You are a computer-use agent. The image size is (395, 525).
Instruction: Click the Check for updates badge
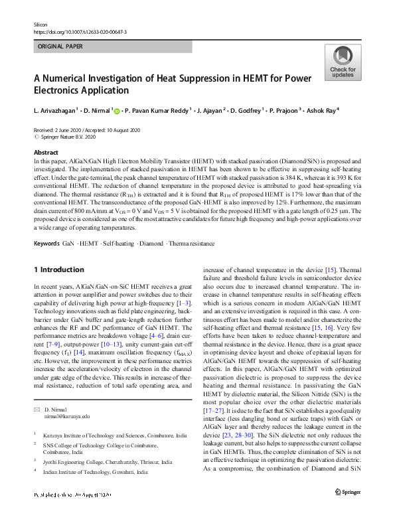click(x=342, y=62)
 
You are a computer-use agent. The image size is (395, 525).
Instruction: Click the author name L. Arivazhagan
click(x=55, y=110)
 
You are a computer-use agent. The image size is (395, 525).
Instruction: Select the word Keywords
click(x=46, y=244)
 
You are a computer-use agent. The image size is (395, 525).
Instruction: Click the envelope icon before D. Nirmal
click(x=37, y=410)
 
